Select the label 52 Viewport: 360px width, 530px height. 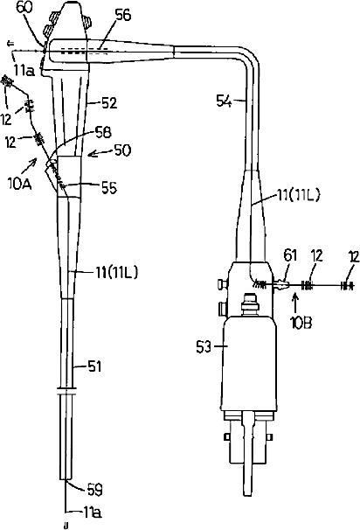pos(108,103)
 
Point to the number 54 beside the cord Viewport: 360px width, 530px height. pos(225,101)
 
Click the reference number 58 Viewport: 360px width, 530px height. pos(103,132)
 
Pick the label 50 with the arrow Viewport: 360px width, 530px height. pos(122,150)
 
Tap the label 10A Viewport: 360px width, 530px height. pos(21,184)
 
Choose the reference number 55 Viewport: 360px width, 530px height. pos(109,188)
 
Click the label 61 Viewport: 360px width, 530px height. pos(290,256)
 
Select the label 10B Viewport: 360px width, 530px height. pos(301,323)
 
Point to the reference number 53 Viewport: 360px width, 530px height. pos(205,347)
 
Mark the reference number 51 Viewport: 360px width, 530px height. pos(94,366)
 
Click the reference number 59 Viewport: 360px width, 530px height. pos(94,490)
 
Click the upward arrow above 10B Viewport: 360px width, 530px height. pos(296,302)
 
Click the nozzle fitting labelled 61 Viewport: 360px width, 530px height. pos(281,285)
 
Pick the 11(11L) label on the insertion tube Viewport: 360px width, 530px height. pos(116,273)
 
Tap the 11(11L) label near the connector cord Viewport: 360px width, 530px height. pos(297,195)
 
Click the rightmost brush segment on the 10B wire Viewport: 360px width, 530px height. pos(347,286)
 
